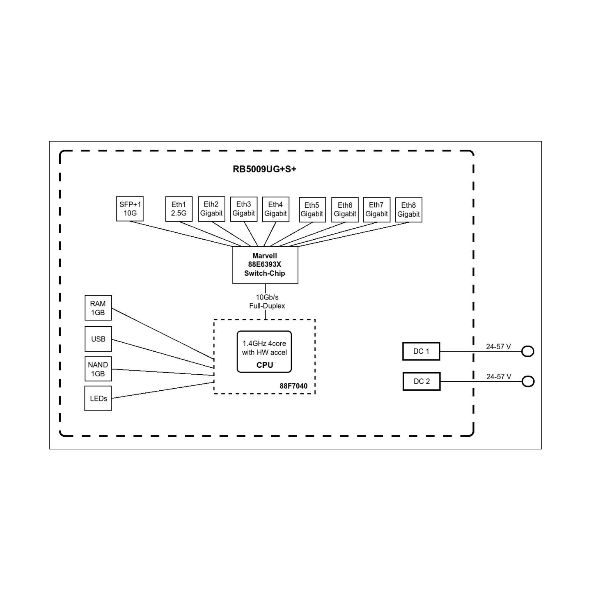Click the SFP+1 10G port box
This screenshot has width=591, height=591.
[x=130, y=208]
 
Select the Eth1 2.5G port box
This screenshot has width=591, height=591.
[x=179, y=209]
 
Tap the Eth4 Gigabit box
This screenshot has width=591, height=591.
[x=276, y=209]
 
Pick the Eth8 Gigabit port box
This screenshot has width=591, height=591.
[x=408, y=210]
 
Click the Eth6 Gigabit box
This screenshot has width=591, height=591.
[x=345, y=209]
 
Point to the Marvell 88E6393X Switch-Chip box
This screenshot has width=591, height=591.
[x=265, y=265]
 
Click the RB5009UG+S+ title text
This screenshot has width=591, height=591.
[x=264, y=169]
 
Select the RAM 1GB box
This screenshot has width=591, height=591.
[x=98, y=308]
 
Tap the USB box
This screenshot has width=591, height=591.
[x=98, y=339]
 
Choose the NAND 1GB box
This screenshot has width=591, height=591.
[x=98, y=369]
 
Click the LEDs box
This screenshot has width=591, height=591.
[x=98, y=399]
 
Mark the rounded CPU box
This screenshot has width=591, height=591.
[x=264, y=352]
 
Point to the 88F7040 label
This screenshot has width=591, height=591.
[x=293, y=386]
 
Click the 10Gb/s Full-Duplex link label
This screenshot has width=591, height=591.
[x=267, y=302]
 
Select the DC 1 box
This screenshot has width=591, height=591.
[x=421, y=351]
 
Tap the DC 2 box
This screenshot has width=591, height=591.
[x=422, y=381]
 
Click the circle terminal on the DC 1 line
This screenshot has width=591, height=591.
[x=528, y=351]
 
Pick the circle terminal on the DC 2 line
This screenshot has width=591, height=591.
[x=528, y=382]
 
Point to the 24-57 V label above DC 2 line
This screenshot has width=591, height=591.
[x=499, y=377]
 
